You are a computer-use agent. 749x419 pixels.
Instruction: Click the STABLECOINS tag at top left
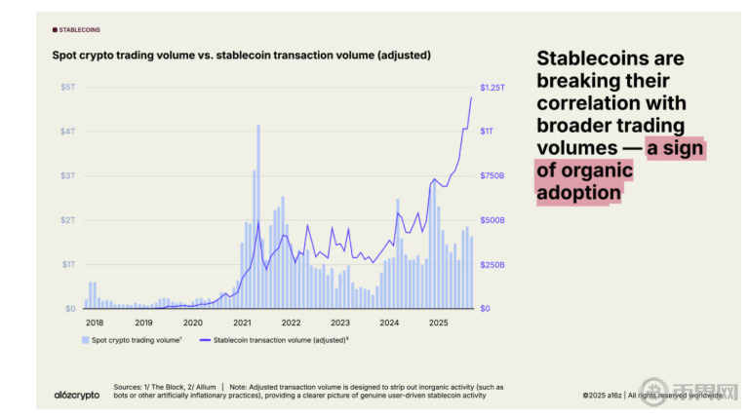click(x=78, y=30)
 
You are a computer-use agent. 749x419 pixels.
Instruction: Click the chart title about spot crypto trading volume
click(x=241, y=56)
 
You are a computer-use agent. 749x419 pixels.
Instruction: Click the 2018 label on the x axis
click(x=95, y=322)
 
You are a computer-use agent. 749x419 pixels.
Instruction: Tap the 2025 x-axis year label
click(x=438, y=322)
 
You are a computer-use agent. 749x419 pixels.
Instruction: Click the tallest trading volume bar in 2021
click(x=258, y=214)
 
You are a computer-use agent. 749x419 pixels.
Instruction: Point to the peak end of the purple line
click(x=472, y=97)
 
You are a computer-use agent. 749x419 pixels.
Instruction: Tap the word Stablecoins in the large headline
click(x=593, y=58)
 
